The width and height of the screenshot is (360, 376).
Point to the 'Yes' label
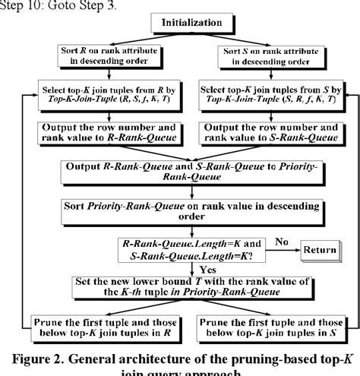tap(207, 267)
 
